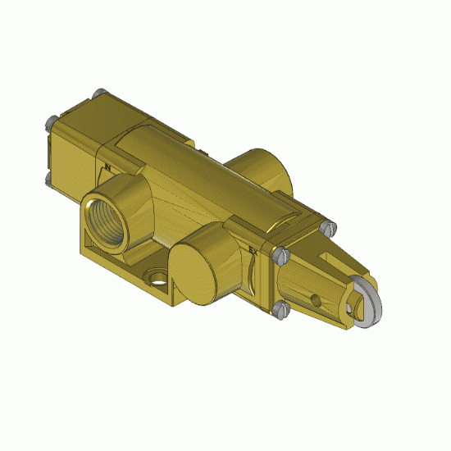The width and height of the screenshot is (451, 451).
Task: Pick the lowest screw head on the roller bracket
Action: click(281, 309)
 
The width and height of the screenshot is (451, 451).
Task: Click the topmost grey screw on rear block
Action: click(100, 92)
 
